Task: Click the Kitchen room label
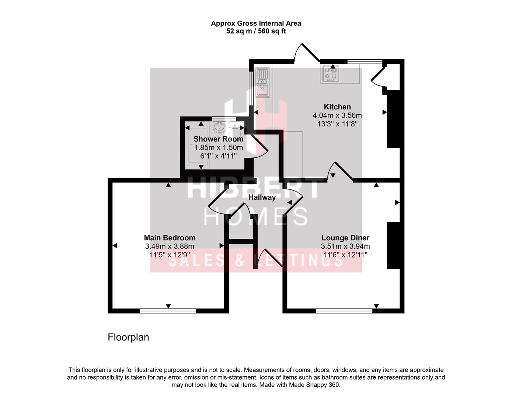337,107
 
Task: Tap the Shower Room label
218,139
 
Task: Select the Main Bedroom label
170,238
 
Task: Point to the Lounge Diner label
345,238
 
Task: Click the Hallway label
262,198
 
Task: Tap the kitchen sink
263,83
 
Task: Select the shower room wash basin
220,128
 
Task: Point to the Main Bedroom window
168,311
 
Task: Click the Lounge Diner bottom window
344,311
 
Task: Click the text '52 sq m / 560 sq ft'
256,31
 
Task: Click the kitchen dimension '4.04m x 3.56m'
337,115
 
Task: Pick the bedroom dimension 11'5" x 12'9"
170,255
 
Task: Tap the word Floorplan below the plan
128,337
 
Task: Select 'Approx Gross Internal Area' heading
256,23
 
